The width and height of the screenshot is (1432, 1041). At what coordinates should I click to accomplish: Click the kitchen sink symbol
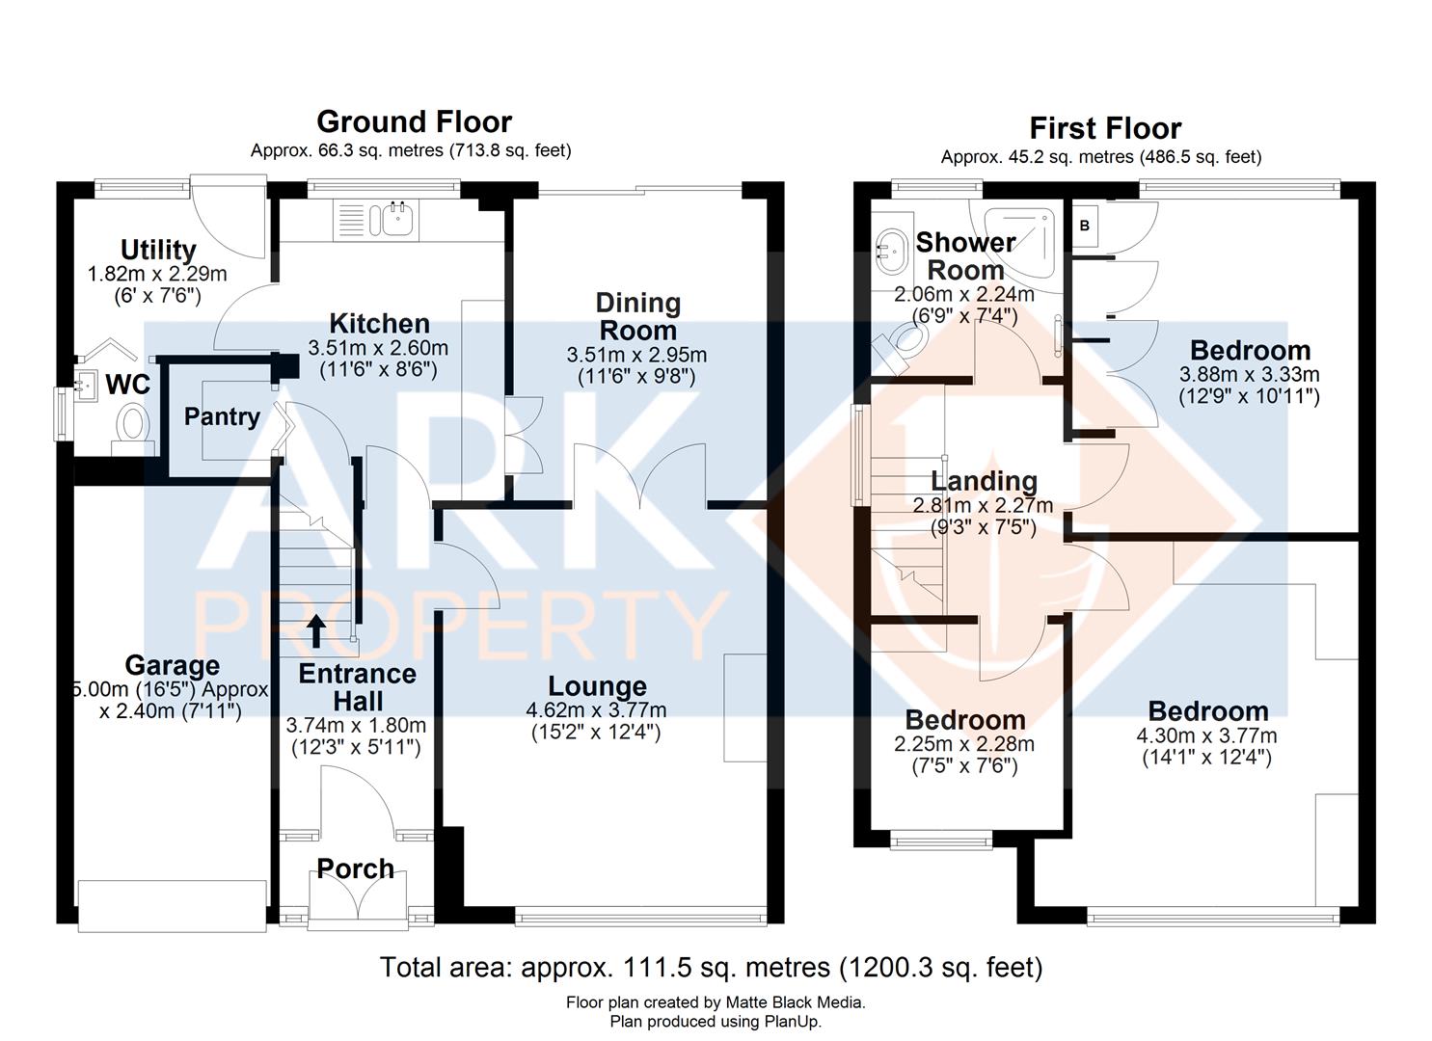click(x=396, y=219)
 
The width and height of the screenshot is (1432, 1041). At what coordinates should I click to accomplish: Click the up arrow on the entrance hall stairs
click(x=316, y=631)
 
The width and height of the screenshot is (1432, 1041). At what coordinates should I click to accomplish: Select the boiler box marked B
click(x=1085, y=226)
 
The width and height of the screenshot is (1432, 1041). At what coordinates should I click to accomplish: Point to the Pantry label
click(x=222, y=416)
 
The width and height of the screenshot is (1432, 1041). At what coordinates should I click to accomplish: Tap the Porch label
click(x=356, y=868)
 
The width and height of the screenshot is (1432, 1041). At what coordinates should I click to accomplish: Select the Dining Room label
click(x=637, y=316)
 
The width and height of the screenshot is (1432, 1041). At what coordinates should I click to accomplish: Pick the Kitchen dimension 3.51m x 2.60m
click(x=378, y=347)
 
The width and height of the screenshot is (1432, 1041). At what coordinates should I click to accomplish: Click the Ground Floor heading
click(x=414, y=121)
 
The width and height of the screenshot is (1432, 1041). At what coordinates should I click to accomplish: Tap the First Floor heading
click(x=1105, y=128)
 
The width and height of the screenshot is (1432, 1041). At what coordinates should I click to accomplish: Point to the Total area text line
click(x=712, y=967)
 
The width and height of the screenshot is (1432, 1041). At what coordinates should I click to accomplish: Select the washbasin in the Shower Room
click(x=891, y=251)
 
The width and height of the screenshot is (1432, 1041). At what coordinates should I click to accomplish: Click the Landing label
click(x=984, y=480)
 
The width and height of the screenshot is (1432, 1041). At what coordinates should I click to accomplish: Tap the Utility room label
click(x=158, y=251)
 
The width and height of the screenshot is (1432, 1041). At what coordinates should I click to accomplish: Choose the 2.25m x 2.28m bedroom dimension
click(x=964, y=743)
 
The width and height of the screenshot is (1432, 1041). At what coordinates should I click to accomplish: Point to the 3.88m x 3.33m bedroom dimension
click(x=1249, y=374)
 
